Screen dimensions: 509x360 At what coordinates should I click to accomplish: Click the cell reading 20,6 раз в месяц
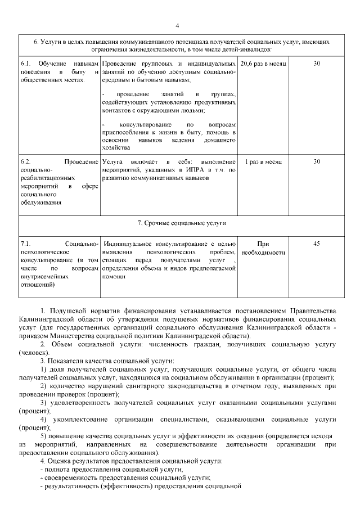tap(263, 64)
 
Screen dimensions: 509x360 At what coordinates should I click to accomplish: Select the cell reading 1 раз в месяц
tap(263, 161)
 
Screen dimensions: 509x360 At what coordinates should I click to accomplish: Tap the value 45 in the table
tap(317, 244)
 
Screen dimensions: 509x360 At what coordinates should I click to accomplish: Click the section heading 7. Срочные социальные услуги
tap(182, 223)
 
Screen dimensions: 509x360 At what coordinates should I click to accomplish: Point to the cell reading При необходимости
tap(263, 248)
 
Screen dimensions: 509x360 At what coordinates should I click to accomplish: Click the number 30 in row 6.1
tap(317, 64)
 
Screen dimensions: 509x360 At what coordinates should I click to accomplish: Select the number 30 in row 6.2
tap(317, 161)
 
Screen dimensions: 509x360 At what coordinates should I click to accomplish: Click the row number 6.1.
tap(25, 64)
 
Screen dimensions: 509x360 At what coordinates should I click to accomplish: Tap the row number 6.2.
tap(25, 161)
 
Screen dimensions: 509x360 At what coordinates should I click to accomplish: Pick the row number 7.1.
tap(25, 244)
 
